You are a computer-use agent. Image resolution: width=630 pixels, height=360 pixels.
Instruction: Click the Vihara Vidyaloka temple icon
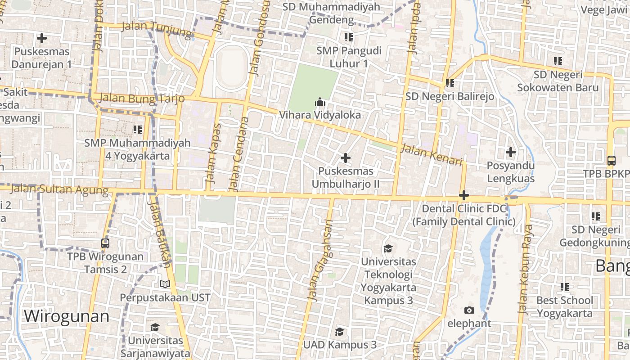[x=319, y=102]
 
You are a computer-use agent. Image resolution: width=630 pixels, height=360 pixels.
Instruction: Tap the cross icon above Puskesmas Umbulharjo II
[x=346, y=158]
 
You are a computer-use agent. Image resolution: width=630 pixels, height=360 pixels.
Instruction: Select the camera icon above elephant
[x=469, y=310]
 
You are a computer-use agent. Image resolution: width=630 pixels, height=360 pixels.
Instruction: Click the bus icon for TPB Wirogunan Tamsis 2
[x=105, y=243]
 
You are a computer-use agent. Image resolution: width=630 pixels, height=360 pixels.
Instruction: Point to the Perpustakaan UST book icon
[x=165, y=284]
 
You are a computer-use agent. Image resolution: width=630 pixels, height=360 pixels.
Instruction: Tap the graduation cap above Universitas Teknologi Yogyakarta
[x=388, y=248]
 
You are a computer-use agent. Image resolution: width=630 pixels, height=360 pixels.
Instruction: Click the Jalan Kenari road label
[x=432, y=154]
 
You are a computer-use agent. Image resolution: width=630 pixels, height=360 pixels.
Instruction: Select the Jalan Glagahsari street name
[x=319, y=260]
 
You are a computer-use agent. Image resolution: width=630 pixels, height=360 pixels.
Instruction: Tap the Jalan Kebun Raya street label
[x=525, y=269]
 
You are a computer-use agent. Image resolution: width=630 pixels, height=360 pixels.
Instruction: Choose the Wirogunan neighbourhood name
[x=67, y=316]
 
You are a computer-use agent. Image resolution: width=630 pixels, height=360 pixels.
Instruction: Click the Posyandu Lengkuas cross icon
[x=510, y=152]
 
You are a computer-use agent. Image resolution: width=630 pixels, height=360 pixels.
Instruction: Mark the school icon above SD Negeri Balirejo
[x=450, y=83]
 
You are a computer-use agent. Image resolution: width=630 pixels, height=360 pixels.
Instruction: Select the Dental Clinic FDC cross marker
[x=464, y=196]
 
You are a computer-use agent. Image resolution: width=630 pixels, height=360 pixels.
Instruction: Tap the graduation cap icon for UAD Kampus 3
[x=340, y=332]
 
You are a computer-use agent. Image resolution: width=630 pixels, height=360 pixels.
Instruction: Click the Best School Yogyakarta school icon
[x=564, y=287]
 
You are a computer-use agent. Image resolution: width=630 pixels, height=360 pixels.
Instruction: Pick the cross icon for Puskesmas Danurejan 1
[x=41, y=38]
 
